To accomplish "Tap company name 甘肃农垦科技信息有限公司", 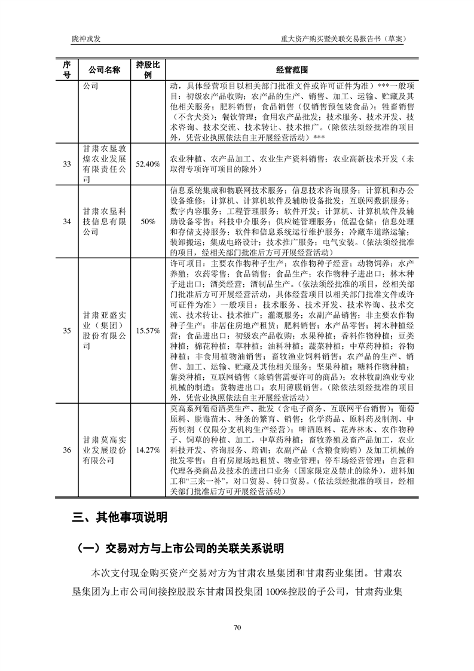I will tap(105, 221).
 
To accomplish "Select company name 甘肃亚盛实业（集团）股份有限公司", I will tap(105, 330).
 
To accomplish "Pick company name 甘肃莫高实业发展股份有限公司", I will tap(105, 450).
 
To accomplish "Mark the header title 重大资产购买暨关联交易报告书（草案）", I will tap(344, 39).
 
